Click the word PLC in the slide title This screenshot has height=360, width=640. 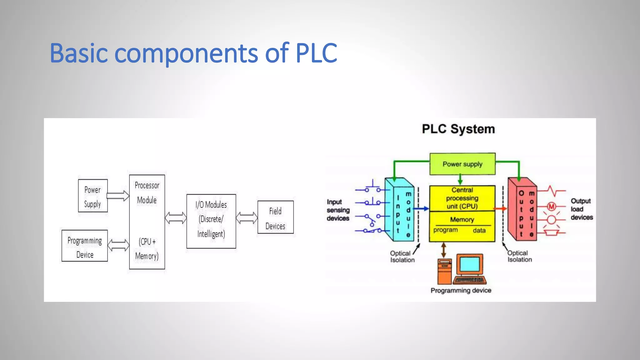click(x=316, y=53)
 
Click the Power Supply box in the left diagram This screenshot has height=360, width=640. click(x=93, y=196)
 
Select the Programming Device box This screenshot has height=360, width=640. click(x=85, y=246)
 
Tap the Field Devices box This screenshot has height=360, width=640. click(x=275, y=217)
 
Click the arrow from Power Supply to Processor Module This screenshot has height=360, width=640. click(x=118, y=196)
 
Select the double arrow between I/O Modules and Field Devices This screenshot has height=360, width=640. click(x=247, y=218)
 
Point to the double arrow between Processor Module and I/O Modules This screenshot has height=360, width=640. click(x=176, y=218)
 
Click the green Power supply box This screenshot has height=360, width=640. click(x=462, y=164)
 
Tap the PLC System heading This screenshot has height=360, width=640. click(x=458, y=129)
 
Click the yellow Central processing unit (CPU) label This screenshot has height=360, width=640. click(x=462, y=198)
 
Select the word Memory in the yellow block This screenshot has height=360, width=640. click(x=462, y=220)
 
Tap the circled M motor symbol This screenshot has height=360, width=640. click(x=552, y=206)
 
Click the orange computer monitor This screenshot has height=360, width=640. click(x=470, y=264)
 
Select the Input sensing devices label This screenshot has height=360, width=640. click(x=338, y=210)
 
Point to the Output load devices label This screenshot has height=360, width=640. click(x=581, y=209)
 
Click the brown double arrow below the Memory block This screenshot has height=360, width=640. click(x=443, y=250)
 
